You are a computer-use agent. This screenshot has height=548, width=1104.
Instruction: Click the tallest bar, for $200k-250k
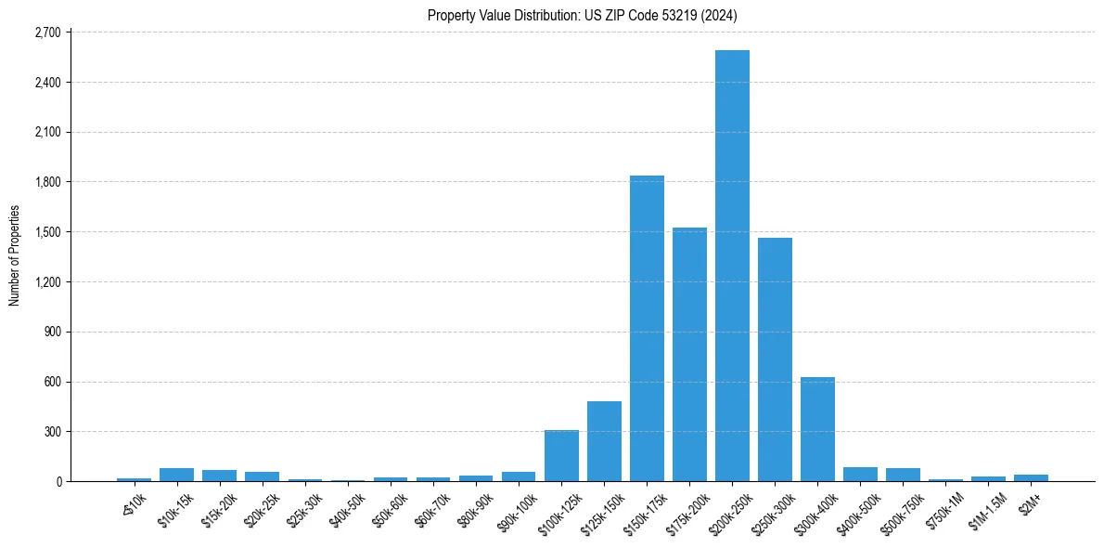click(732, 266)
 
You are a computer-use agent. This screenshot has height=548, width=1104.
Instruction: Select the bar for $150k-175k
click(647, 328)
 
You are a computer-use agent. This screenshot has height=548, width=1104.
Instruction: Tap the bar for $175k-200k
click(689, 354)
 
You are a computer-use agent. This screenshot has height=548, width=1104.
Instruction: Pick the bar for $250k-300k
click(775, 359)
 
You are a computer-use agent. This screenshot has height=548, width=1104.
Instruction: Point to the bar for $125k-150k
click(604, 441)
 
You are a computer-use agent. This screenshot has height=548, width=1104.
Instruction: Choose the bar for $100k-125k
click(561, 455)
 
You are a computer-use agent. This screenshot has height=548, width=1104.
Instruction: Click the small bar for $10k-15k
click(176, 475)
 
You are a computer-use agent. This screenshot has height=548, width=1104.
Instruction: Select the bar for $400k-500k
click(860, 474)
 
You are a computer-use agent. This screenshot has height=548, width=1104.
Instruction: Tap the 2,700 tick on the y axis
click(46, 33)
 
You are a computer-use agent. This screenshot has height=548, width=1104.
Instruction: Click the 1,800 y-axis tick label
click(46, 182)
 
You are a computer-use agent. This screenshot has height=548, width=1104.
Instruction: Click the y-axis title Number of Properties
click(14, 255)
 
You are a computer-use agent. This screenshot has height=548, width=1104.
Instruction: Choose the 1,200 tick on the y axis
click(46, 282)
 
